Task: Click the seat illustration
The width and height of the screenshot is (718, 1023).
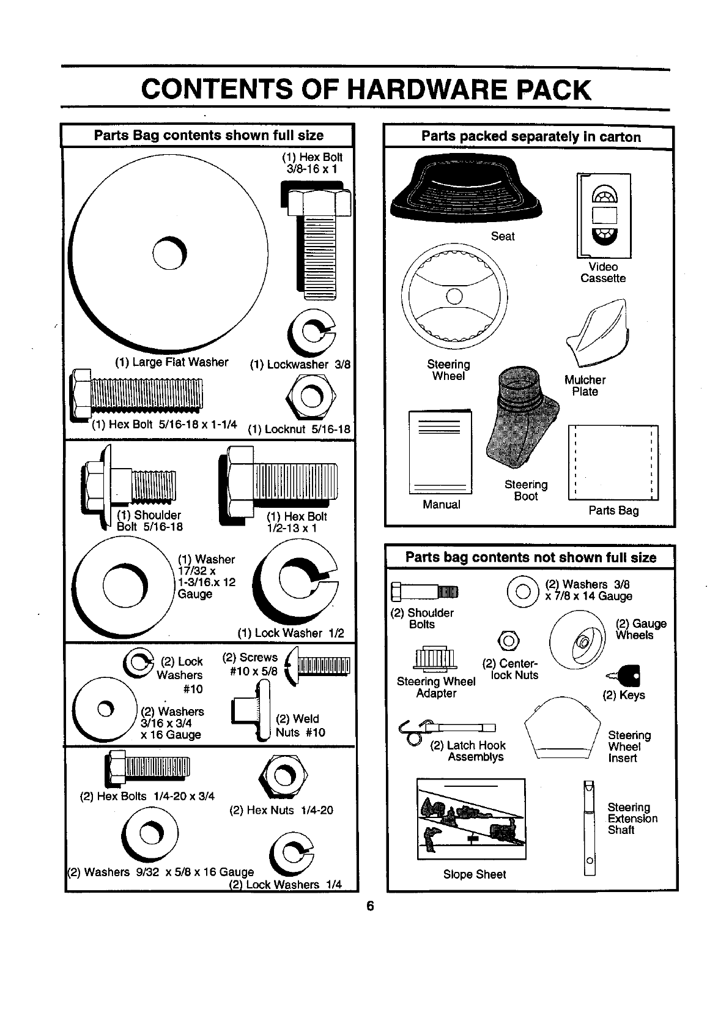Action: (467, 187)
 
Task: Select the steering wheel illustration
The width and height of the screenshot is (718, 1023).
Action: (454, 298)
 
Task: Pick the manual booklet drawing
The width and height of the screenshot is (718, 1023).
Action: (440, 452)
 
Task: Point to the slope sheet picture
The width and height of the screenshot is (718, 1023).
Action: (471, 818)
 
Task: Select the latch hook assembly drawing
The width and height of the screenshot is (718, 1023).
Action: (446, 728)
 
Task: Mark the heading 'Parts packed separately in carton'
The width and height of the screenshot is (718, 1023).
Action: (530, 137)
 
